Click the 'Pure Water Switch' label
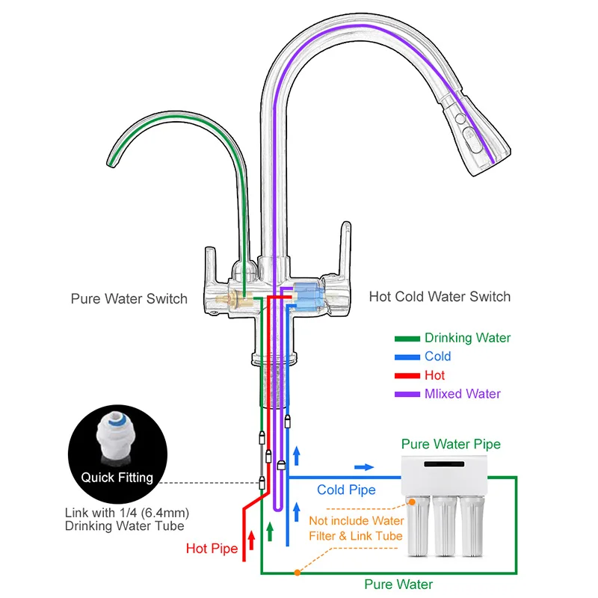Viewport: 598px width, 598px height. pyautogui.click(x=129, y=299)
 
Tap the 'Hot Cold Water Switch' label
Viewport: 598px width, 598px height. pyautogui.click(x=440, y=297)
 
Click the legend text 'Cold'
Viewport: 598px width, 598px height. pyautogui.click(x=437, y=357)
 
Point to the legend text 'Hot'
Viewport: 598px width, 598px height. pyautogui.click(x=434, y=375)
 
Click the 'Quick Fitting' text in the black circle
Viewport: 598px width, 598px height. pyautogui.click(x=117, y=477)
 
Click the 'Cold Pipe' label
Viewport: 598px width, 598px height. pyautogui.click(x=345, y=490)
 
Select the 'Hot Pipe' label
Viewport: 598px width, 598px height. pyautogui.click(x=212, y=549)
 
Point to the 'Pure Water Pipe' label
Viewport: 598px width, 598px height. pyautogui.click(x=451, y=444)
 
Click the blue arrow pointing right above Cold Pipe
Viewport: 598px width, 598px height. pyautogui.click(x=364, y=466)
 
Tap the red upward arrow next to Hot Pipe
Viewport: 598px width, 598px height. pyautogui.click(x=251, y=537)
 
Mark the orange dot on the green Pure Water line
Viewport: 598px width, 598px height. pyautogui.click(x=297, y=573)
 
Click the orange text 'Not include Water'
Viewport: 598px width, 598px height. pyautogui.click(x=357, y=521)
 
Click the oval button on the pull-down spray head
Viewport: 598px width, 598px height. pyautogui.click(x=471, y=137)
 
